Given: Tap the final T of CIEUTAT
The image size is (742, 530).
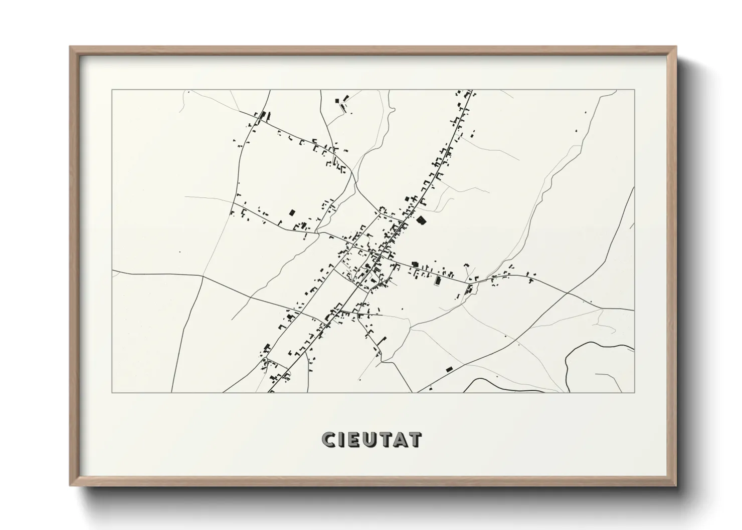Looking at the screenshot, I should (415, 440).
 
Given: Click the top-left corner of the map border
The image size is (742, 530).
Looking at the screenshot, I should (112, 90).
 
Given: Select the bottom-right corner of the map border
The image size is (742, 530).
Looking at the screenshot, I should (634, 392).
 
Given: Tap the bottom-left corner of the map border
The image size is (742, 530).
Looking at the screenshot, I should (112, 392).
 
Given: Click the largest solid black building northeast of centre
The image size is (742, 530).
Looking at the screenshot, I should (421, 219).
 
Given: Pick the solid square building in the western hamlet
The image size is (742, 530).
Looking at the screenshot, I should (291, 212).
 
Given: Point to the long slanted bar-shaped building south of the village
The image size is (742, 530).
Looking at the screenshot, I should (383, 340).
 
